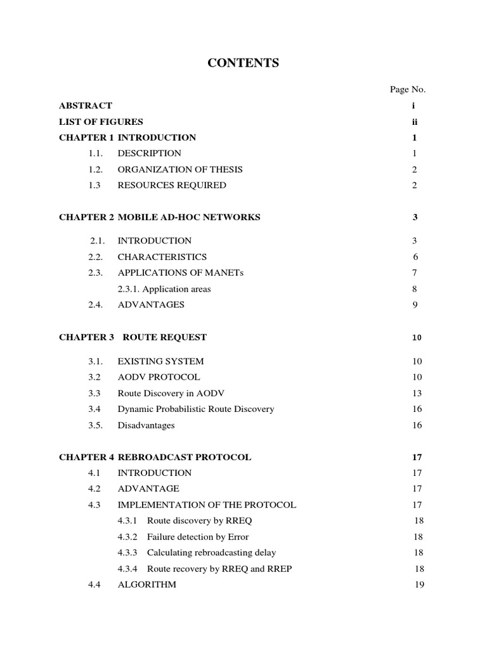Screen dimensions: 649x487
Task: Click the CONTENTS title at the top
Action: [243, 63]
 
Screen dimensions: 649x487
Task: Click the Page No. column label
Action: [407, 89]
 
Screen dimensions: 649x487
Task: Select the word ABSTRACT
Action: [86, 106]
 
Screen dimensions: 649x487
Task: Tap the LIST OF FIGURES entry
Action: [101, 122]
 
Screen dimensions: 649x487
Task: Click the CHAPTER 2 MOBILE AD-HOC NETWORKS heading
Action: [160, 217]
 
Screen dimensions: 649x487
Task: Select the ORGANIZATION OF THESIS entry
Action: [180, 169]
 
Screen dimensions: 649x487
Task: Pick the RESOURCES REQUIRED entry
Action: [172, 185]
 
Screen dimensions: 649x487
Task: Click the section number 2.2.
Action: [96, 257]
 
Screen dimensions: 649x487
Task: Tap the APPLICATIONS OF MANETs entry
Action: [181, 273]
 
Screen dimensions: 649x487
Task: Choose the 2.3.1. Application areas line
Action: [164, 289]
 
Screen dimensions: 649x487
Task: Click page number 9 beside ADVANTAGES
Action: [415, 305]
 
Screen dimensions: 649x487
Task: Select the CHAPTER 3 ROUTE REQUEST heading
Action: [133, 337]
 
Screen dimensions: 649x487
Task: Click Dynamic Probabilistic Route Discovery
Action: [196, 409]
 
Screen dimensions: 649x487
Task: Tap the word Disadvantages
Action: [146, 425]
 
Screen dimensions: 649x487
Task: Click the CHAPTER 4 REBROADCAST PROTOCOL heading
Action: [155, 457]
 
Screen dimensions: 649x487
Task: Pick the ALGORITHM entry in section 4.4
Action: [147, 584]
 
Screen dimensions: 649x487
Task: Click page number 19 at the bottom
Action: [419, 584]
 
